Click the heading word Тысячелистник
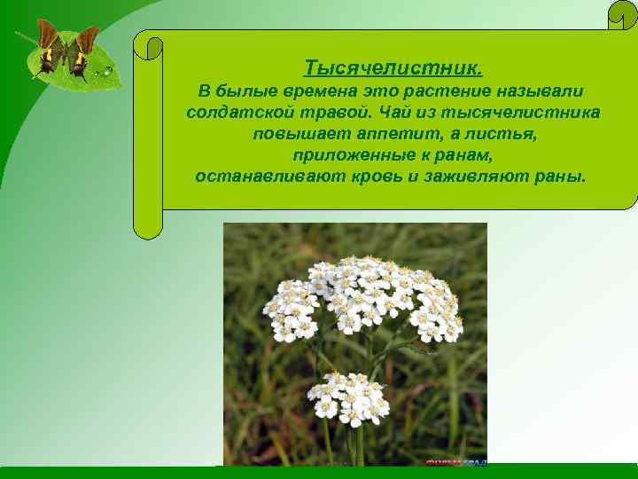tap(393, 68)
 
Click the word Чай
tap(393, 114)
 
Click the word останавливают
tap(258, 176)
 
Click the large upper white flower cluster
tap(367, 297)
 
